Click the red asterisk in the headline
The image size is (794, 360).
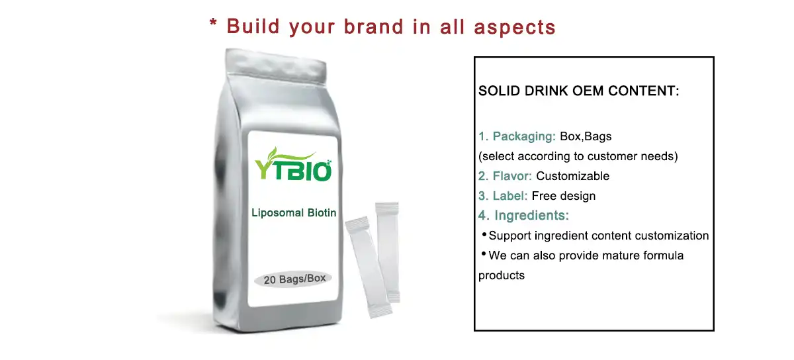[214, 24]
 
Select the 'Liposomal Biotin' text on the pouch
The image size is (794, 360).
[294, 212]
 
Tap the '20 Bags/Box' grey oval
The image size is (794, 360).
[294, 279]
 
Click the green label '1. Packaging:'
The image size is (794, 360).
[517, 137]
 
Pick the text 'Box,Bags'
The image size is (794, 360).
[586, 137]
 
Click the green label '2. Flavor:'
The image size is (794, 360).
[506, 176]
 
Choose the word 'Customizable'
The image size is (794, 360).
[572, 176]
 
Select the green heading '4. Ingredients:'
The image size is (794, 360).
[524, 215]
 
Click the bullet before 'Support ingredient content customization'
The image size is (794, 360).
[484, 234]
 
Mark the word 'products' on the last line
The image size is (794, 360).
[502, 275]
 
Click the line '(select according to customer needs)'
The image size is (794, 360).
[578, 157]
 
